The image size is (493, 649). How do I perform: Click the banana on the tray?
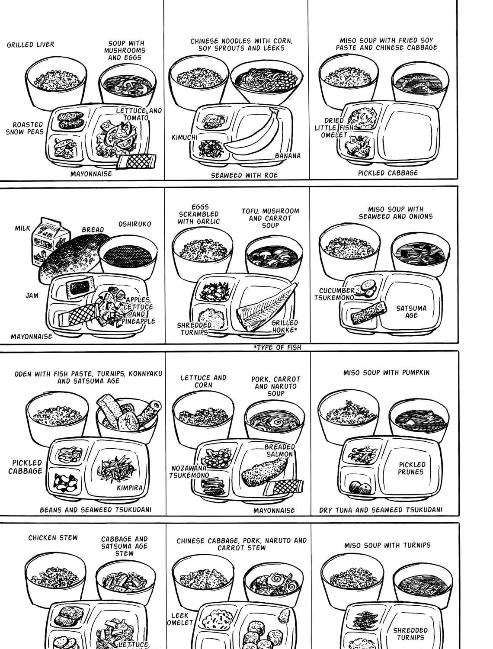[254, 135]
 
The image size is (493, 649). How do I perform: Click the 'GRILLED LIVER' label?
[30, 45]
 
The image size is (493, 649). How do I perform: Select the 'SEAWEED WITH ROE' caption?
[244, 175]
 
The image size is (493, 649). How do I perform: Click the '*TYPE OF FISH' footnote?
[277, 347]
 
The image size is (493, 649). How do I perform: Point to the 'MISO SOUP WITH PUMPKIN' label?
[386, 373]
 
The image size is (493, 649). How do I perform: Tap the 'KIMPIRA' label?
[130, 488]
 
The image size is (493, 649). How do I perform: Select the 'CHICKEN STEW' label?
[53, 537]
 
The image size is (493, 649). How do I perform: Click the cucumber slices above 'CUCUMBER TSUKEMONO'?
[366, 288]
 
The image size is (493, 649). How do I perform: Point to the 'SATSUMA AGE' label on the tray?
[411, 312]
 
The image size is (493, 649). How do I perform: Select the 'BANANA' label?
[288, 156]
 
